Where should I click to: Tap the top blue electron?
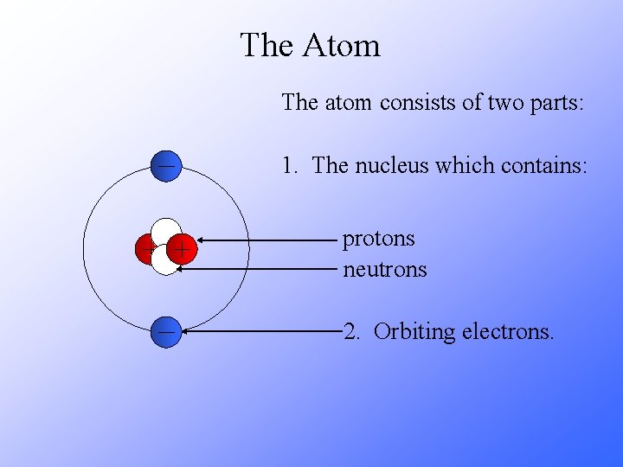pyautogui.click(x=165, y=165)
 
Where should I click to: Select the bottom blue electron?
pyautogui.click(x=165, y=332)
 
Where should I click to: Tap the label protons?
pyautogui.click(x=379, y=239)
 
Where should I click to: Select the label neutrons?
pyautogui.click(x=385, y=270)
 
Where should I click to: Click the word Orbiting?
pyautogui.click(x=414, y=332)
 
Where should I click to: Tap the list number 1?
pyautogui.click(x=289, y=165)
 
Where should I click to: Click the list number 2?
pyautogui.click(x=350, y=332)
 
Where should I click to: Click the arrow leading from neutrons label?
pyautogui.click(x=260, y=269)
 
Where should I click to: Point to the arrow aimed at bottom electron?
pyautogui.click(x=260, y=331)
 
